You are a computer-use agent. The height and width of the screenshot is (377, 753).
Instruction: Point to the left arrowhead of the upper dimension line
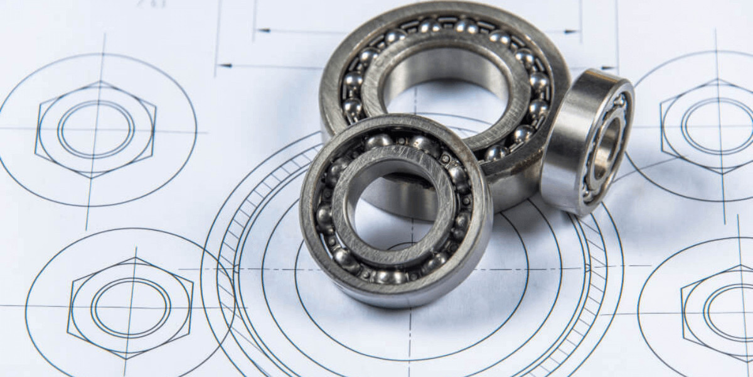coord(264,30)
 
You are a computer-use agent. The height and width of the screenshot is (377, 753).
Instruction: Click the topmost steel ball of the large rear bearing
coord(466,26)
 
